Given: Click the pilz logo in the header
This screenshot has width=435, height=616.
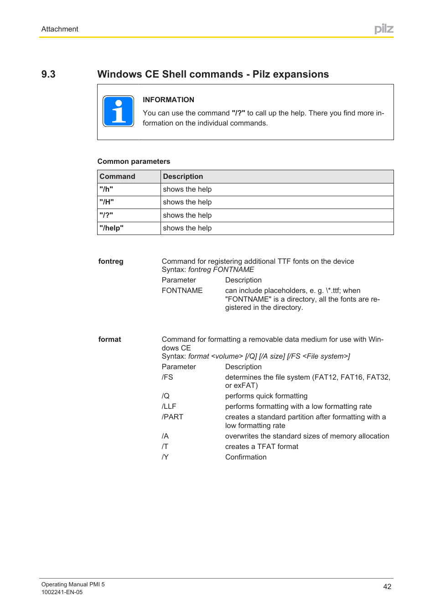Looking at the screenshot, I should [x=383, y=29].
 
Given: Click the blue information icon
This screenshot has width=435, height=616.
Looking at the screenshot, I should [x=118, y=111].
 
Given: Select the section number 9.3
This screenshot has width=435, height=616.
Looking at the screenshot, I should [x=48, y=74].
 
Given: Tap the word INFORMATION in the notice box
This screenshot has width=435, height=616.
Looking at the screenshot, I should [x=168, y=99].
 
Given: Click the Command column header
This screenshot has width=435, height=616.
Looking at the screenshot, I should [x=118, y=177].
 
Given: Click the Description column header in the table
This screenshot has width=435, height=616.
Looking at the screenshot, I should [x=183, y=177].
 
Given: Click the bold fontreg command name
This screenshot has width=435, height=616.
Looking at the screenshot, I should [x=111, y=261].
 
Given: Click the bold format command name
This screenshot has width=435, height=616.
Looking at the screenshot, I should [x=110, y=339].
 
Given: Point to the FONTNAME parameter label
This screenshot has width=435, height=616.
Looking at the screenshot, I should [x=182, y=291].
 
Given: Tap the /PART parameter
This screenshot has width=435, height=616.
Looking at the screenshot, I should [x=172, y=417].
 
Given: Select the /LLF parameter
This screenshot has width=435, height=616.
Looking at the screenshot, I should [x=169, y=407].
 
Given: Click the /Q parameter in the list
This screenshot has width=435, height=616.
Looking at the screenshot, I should [x=166, y=396].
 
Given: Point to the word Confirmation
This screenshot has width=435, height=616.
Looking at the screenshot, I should [x=246, y=457].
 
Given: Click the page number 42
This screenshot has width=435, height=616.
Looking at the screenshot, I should [x=387, y=587].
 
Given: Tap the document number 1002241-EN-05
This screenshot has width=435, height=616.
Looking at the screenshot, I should [x=62, y=592].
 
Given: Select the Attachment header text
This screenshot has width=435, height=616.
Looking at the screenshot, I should [x=60, y=29].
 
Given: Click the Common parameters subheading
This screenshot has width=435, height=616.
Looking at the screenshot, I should [x=134, y=162].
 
